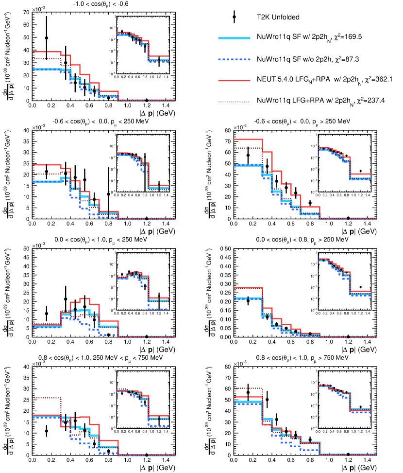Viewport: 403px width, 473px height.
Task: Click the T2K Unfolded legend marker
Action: pos(234,17)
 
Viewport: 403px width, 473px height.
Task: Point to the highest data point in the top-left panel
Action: pos(47,38)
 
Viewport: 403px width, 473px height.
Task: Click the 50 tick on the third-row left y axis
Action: pos(26,249)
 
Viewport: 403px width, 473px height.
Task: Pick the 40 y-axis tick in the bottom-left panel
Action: pos(26,367)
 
